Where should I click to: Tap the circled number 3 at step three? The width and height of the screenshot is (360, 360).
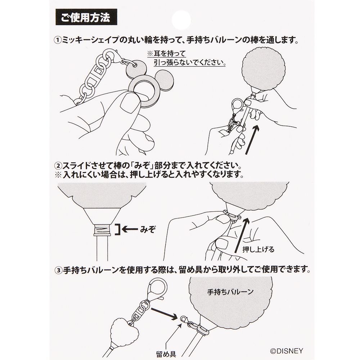pyautogui.click(x=58, y=269)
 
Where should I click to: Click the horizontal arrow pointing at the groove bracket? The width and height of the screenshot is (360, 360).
pyautogui.click(x=132, y=228)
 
